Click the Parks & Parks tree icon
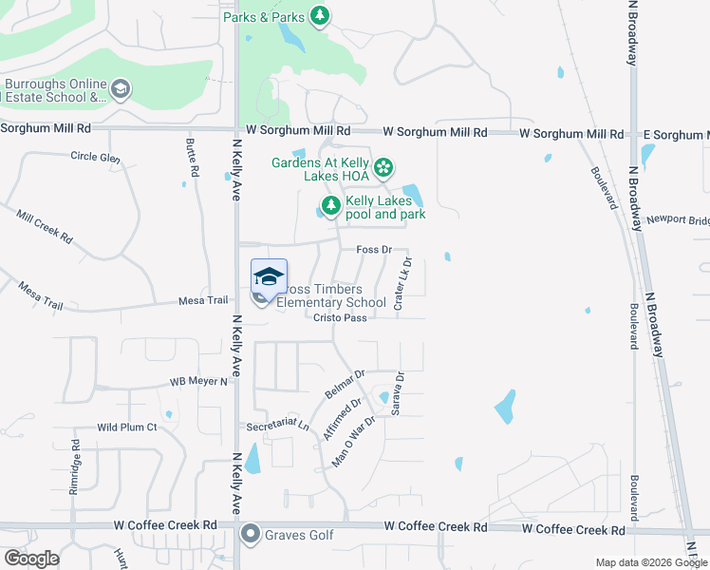pyautogui.click(x=321, y=15)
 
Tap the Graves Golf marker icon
pyautogui.click(x=250, y=535)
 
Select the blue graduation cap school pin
pyautogui.click(x=269, y=276)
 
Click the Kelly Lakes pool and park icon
pyautogui.click(x=330, y=205)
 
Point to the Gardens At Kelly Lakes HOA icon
pyautogui.click(x=383, y=168)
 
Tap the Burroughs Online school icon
pyautogui.click(x=121, y=90)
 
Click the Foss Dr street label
pyautogui.click(x=374, y=249)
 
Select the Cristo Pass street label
pyautogui.click(x=340, y=318)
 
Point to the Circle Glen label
pyautogui.click(x=95, y=158)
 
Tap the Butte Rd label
pyautogui.click(x=193, y=159)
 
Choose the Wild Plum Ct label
pyautogui.click(x=126, y=427)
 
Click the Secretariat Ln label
pyautogui.click(x=277, y=426)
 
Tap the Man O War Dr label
pyautogui.click(x=355, y=441)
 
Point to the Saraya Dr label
pyautogui.click(x=399, y=392)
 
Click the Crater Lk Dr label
pyautogui.click(x=402, y=283)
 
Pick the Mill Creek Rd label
pyautogui.click(x=45, y=227)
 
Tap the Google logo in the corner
pyautogui.click(x=30, y=559)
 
